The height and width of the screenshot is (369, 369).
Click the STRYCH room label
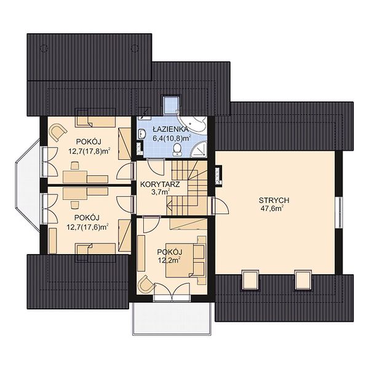click(x=274, y=200)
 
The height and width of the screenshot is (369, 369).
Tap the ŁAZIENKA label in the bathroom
click(x=170, y=129)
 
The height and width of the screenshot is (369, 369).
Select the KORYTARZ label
click(x=160, y=184)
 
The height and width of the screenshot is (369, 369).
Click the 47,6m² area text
click(x=272, y=208)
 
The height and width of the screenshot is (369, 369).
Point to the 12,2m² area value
click(x=169, y=260)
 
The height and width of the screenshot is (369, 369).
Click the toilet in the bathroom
click(x=177, y=150)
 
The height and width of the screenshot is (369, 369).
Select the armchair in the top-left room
click(x=57, y=132)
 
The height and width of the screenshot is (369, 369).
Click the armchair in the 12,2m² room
click(x=146, y=284)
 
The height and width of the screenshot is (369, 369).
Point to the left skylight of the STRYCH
click(x=250, y=280)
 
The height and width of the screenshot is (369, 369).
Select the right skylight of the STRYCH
click(x=303, y=280)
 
